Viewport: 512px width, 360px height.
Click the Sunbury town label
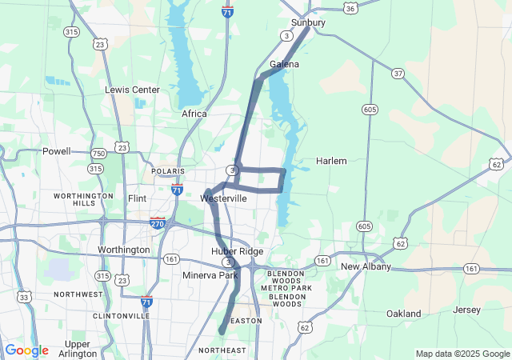[308, 22]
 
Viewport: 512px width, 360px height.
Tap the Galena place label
[284, 64]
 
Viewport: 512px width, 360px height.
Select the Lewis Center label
[132, 90]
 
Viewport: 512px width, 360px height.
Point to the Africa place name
[194, 114]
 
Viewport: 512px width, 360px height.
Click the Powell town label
[57, 150]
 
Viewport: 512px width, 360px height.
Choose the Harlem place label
[331, 161]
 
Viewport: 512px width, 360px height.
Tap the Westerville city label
[224, 198]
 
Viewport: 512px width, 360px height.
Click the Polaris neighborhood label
[168, 171]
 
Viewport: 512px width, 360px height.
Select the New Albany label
[366, 266]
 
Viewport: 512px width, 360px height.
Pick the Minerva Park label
[210, 276]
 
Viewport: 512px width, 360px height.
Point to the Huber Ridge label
[237, 251]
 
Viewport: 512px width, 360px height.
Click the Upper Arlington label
[78, 349]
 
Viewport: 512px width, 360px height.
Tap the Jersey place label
[466, 310]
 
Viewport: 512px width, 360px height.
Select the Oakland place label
[403, 314]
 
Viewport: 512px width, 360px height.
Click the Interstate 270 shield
[158, 223]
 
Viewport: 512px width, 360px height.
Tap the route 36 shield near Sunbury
[350, 8]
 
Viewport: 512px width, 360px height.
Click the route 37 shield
[398, 74]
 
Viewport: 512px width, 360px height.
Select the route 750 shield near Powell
[98, 153]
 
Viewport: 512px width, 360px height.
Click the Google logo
[26, 350]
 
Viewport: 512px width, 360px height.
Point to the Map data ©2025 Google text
[462, 354]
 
